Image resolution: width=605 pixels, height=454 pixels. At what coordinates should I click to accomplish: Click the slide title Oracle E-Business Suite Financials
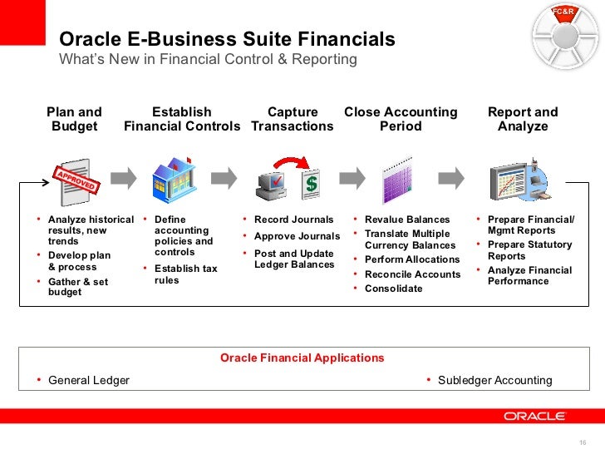(227, 40)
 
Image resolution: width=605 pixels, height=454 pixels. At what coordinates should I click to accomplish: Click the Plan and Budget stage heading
(74, 119)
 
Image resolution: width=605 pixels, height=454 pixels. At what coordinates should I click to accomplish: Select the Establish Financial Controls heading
(182, 119)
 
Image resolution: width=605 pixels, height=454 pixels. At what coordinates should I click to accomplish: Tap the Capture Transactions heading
(293, 119)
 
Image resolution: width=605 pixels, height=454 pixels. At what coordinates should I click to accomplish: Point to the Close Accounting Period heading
(401, 119)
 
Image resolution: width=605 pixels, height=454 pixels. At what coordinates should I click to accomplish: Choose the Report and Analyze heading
(523, 119)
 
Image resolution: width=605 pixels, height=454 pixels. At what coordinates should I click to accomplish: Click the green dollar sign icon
(311, 183)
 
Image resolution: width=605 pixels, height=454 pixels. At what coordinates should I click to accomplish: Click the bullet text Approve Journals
(297, 237)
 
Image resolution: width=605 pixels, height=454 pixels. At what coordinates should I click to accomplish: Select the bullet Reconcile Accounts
(412, 274)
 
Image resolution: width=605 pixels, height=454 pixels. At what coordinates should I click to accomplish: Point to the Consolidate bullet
(394, 289)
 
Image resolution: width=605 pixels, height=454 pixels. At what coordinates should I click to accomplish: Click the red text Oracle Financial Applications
(302, 358)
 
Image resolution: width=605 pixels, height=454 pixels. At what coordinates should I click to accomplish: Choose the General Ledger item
(89, 381)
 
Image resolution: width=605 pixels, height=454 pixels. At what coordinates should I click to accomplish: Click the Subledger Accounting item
(494, 381)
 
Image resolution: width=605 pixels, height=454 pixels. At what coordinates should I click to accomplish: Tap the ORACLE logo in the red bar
(535, 416)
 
